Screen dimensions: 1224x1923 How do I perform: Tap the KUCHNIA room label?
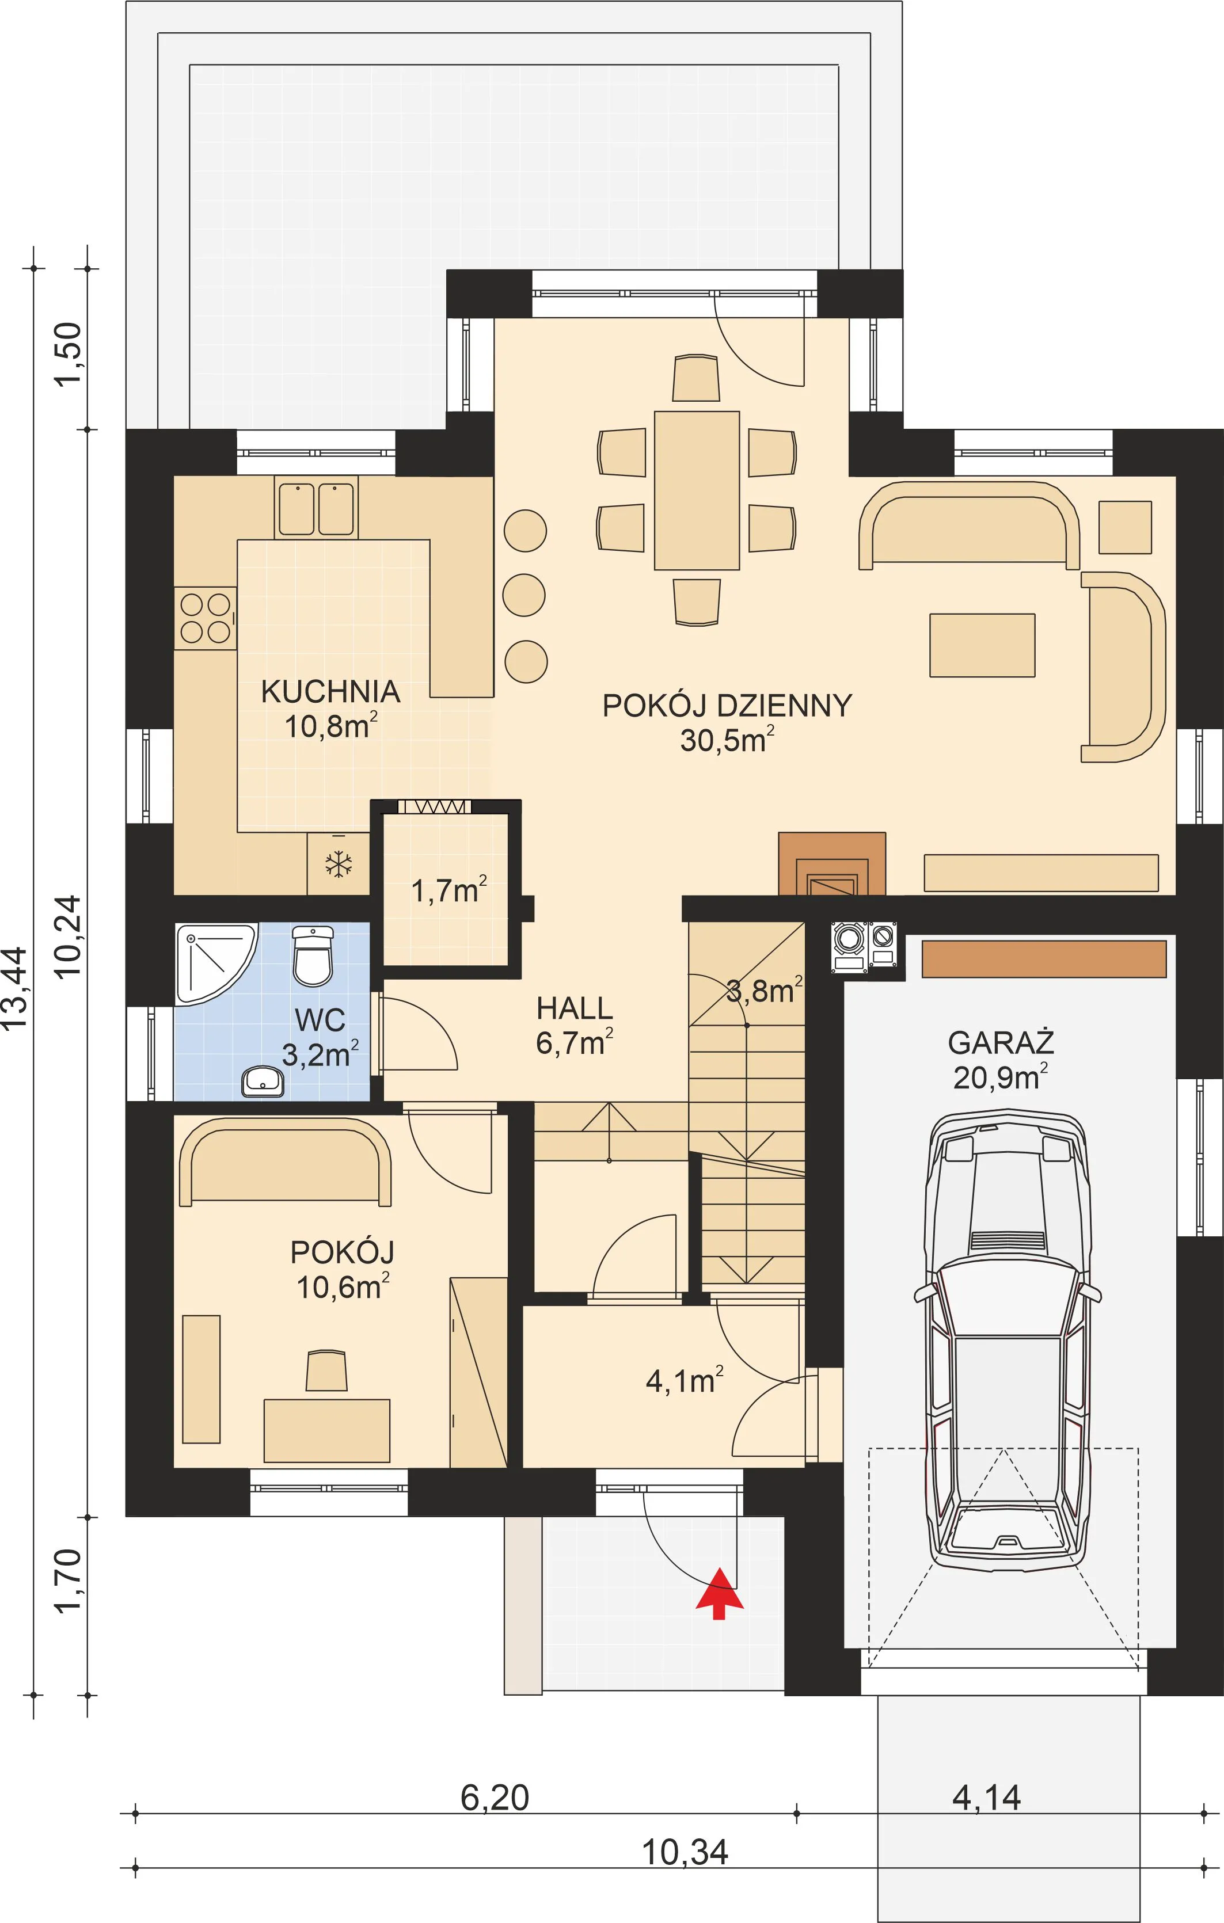coord(330,692)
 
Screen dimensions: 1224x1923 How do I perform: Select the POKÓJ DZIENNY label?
coord(727,706)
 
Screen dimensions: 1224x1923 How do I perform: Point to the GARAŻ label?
coord(1000,1042)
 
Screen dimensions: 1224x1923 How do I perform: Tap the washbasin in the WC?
coord(263,1082)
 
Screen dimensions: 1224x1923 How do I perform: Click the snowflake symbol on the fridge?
coord(339,864)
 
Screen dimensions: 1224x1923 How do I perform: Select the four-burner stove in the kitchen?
coord(206,618)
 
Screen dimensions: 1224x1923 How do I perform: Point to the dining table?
coord(697,490)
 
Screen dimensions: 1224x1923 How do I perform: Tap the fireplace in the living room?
coord(832,863)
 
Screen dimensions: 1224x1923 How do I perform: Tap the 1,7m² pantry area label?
coord(449,890)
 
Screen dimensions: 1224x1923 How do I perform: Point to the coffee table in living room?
coord(982,645)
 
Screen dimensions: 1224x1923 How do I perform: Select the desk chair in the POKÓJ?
coord(327,1370)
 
